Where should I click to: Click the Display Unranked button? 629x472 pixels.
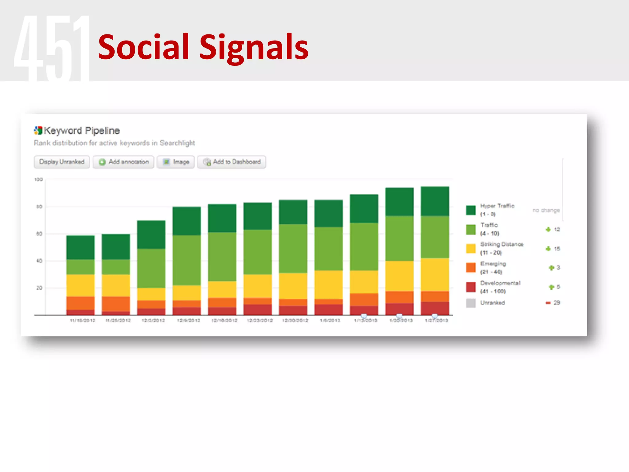pyautogui.click(x=62, y=162)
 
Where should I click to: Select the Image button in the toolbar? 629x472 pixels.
pyautogui.click(x=176, y=162)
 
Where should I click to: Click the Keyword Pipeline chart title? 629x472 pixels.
pyautogui.click(x=81, y=131)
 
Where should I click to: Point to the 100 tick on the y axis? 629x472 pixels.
pyautogui.click(x=38, y=179)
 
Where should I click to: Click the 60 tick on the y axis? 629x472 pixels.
pyautogui.click(x=39, y=234)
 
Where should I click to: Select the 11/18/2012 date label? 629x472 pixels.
pyautogui.click(x=82, y=321)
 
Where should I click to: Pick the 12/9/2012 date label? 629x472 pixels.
pyautogui.click(x=189, y=321)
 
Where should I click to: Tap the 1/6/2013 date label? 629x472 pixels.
pyautogui.click(x=330, y=321)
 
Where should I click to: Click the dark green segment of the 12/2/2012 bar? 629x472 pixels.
pyautogui.click(x=151, y=234)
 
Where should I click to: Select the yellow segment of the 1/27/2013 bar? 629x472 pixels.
pyautogui.click(x=435, y=274)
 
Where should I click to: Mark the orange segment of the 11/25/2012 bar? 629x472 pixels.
pyautogui.click(x=116, y=304)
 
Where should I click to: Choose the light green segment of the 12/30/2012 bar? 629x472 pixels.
pyautogui.click(x=293, y=249)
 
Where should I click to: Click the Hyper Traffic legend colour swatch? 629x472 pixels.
pyautogui.click(x=471, y=210)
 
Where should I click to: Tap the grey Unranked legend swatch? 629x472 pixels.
pyautogui.click(x=471, y=303)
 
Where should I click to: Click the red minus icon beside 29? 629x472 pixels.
pyautogui.click(x=548, y=303)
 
